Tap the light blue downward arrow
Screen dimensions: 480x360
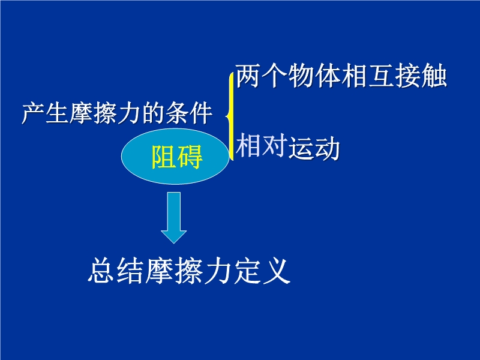[174, 218]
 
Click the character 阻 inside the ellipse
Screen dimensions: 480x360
[163, 157]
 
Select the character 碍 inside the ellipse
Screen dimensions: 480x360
[190, 157]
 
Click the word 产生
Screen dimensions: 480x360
[45, 113]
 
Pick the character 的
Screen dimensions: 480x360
[153, 113]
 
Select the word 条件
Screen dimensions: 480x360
[189, 113]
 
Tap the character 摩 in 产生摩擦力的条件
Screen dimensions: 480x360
[81, 113]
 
